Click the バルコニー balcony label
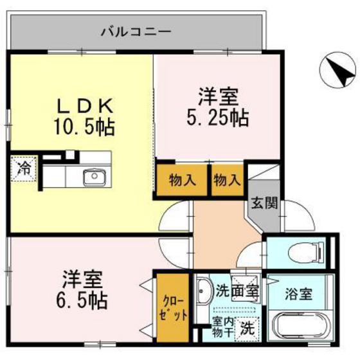[x=135, y=30]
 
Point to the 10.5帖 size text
[x=85, y=127]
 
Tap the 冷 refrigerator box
[x=24, y=170]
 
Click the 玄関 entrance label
[x=264, y=204]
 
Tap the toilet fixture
[x=296, y=253]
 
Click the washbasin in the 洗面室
[x=205, y=293]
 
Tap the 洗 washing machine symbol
[x=247, y=328]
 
